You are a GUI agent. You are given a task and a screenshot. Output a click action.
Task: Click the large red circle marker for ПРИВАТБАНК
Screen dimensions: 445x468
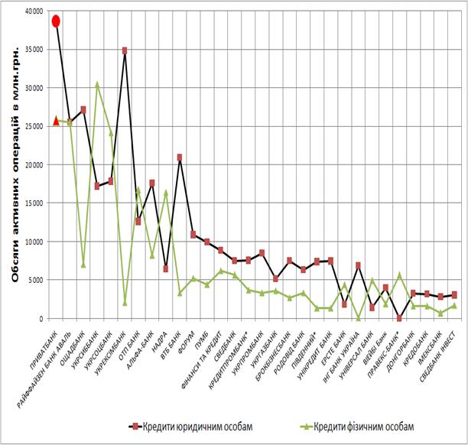coord(56,21)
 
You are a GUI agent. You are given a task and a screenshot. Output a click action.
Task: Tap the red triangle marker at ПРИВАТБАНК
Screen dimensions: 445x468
coord(56,120)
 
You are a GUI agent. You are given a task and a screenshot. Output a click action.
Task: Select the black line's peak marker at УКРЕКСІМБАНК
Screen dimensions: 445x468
coord(125,50)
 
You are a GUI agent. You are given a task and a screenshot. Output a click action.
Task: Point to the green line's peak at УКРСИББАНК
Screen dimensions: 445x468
coord(97,84)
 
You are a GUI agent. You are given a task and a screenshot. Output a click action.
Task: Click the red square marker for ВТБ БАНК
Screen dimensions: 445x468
coord(179,158)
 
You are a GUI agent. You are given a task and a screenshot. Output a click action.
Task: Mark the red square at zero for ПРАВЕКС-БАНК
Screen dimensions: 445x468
coord(399,318)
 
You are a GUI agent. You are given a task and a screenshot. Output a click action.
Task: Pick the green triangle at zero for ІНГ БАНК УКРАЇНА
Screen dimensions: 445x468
coord(358,318)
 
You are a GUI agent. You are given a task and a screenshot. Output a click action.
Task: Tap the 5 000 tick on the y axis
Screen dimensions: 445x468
coord(37,280)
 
